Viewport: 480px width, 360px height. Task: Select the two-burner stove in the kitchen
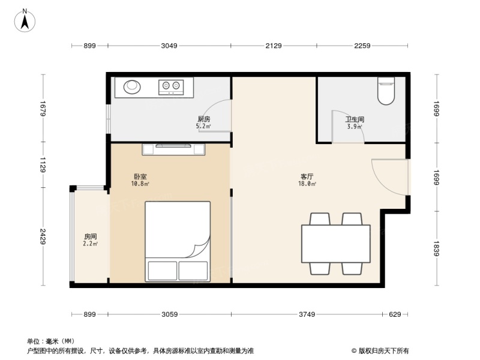(171, 88)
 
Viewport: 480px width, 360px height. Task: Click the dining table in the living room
(335, 242)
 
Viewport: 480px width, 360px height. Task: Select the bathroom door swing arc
(351, 129)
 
